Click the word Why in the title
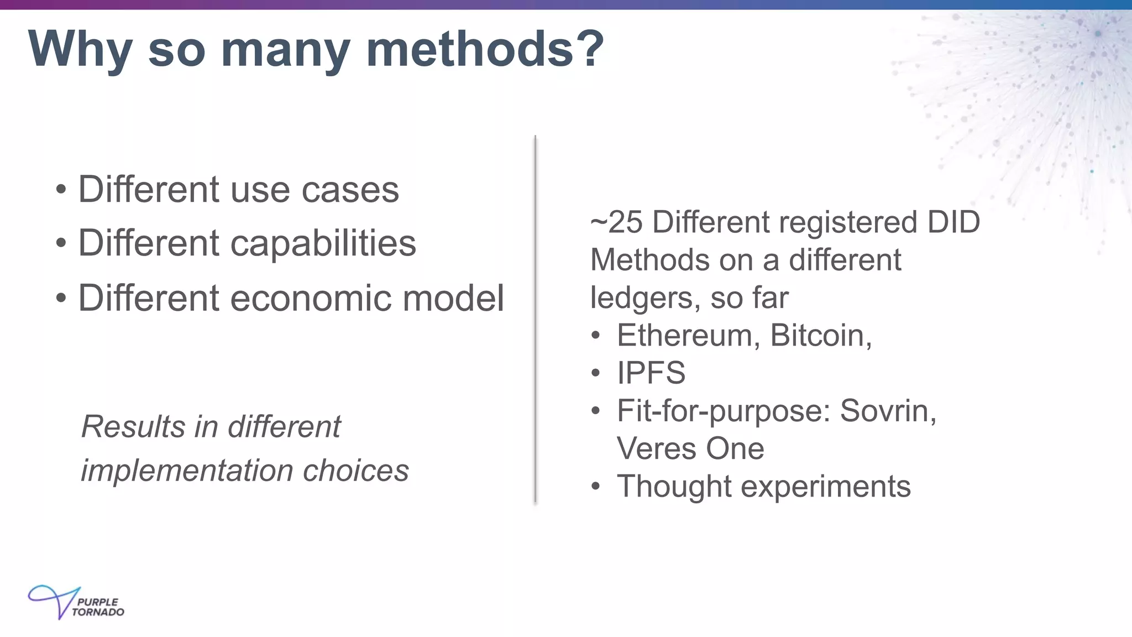[x=80, y=50]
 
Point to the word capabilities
[x=323, y=244]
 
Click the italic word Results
[x=132, y=427]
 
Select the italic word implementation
[x=187, y=471]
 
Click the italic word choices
[x=355, y=471]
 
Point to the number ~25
[x=616, y=222]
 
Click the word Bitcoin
[x=820, y=336]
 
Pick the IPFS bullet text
[x=651, y=373]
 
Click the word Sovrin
[x=888, y=411]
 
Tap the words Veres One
[x=690, y=448]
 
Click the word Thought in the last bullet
[x=674, y=487]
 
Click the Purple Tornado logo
[x=76, y=603]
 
